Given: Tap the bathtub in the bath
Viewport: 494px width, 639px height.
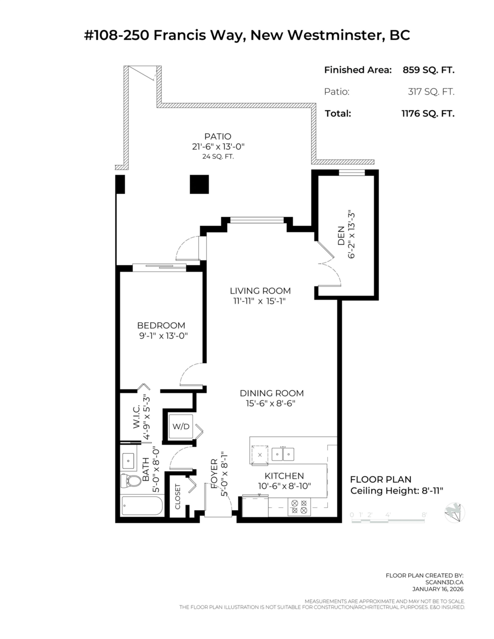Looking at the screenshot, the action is click(142, 505).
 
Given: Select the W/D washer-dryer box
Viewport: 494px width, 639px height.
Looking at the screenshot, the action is click(181, 427).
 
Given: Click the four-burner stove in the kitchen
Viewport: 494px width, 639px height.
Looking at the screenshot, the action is click(299, 506).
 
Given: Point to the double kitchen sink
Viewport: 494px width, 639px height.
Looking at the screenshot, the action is click(283, 454).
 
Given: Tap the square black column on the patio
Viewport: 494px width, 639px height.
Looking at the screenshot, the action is click(199, 184).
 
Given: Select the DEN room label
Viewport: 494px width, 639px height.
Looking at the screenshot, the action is click(341, 235).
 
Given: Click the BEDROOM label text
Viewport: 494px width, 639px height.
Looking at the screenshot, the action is click(161, 325).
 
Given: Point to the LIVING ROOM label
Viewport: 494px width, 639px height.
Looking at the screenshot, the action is click(261, 291).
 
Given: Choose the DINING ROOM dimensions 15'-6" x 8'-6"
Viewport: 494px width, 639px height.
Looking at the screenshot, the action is click(271, 404).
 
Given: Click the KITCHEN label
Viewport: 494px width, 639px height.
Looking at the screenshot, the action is click(284, 476).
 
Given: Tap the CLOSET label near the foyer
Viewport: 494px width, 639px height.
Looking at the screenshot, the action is click(177, 496).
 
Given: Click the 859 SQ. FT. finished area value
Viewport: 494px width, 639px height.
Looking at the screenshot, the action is click(428, 70).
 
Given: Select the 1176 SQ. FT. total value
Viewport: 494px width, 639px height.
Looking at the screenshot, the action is click(428, 113).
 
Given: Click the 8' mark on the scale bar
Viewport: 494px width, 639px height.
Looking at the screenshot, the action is click(424, 514).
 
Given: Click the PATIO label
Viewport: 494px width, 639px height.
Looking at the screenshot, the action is click(218, 136).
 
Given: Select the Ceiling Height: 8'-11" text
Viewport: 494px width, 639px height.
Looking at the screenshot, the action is click(396, 491).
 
